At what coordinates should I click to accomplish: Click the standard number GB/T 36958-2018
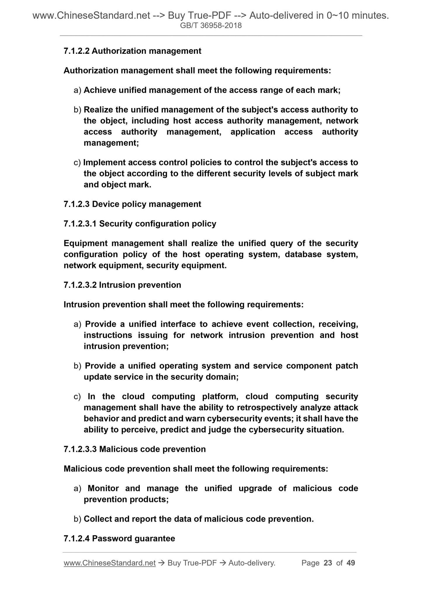click(x=211, y=26)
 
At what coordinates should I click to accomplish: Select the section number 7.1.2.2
click(x=77, y=51)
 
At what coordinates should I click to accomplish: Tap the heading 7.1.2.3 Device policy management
click(x=132, y=204)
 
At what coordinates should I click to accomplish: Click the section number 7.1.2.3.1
click(x=80, y=224)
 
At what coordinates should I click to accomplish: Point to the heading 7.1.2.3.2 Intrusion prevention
click(x=122, y=285)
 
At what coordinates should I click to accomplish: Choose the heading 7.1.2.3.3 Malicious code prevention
click(x=135, y=449)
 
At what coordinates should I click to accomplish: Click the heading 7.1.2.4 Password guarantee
click(x=119, y=539)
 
